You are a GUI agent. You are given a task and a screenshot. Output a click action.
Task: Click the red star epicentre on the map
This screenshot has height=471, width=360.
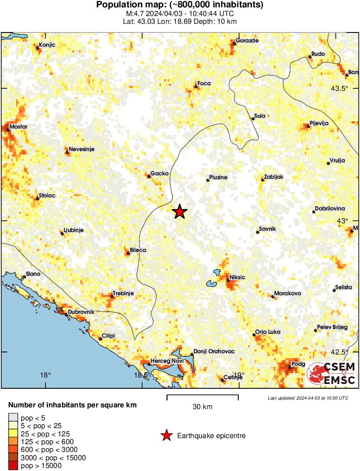click(x=180, y=212)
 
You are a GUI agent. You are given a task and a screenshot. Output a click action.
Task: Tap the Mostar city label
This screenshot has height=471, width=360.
click(x=18, y=126)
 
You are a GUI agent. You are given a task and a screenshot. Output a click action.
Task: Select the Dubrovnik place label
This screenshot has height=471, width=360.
click(x=81, y=312)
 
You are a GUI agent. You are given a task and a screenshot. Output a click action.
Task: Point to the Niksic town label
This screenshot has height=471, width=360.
click(x=237, y=277)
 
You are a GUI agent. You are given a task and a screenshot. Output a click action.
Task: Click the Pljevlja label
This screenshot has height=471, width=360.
click(x=319, y=123)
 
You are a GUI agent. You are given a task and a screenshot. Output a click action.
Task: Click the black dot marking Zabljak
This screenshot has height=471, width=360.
click(x=263, y=180)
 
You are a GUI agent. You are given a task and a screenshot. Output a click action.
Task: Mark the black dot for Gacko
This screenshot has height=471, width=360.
click(x=148, y=176)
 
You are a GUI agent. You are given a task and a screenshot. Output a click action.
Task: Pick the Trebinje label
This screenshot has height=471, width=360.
click(x=123, y=294)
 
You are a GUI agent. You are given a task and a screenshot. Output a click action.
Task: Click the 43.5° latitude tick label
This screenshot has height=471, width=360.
click(x=340, y=89)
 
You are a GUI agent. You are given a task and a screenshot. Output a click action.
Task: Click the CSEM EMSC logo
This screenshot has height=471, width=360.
click(x=331, y=374)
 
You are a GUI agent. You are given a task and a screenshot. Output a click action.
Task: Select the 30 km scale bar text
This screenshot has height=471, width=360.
click(x=202, y=406)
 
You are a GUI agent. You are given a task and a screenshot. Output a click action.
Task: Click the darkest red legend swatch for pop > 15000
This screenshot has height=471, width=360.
click(x=13, y=466)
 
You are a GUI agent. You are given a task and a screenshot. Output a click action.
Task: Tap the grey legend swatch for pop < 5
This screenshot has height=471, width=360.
click(x=13, y=418)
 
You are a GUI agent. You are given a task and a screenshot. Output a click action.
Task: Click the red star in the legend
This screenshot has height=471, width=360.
click(x=166, y=436)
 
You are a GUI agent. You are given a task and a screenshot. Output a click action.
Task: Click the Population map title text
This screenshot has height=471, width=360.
click(x=179, y=5)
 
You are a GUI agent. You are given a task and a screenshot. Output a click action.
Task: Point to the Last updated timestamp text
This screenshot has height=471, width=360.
click(x=308, y=398)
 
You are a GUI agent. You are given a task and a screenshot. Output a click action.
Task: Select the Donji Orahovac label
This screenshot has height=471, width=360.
click(x=214, y=352)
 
